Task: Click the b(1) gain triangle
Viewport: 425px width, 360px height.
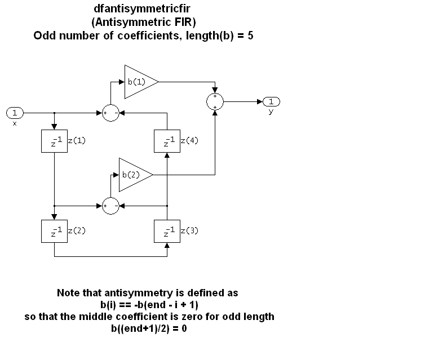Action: [139, 82]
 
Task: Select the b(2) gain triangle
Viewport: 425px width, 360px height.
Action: [133, 175]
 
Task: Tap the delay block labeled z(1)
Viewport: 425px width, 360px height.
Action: [54, 141]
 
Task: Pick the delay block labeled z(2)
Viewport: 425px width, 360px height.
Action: [54, 230]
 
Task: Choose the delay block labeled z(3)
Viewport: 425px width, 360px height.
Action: [167, 230]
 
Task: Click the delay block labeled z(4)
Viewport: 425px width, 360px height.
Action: [167, 141]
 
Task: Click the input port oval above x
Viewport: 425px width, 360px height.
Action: [15, 112]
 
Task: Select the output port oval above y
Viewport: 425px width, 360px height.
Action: [271, 101]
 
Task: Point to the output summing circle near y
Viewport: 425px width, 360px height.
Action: [215, 101]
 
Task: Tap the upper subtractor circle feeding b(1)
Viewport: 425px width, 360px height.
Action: [110, 112]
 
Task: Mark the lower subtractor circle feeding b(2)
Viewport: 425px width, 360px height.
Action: [110, 206]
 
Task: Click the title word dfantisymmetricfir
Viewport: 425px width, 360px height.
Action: [147, 10]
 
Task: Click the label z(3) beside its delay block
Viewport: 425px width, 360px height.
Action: [189, 230]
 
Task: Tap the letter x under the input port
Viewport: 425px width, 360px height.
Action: [15, 123]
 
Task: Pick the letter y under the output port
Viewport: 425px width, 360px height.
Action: [271, 112]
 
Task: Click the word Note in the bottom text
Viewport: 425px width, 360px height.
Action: [68, 293]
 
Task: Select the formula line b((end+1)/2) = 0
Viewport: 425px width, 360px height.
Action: [149, 328]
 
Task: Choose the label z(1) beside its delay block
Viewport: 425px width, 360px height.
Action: [77, 141]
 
